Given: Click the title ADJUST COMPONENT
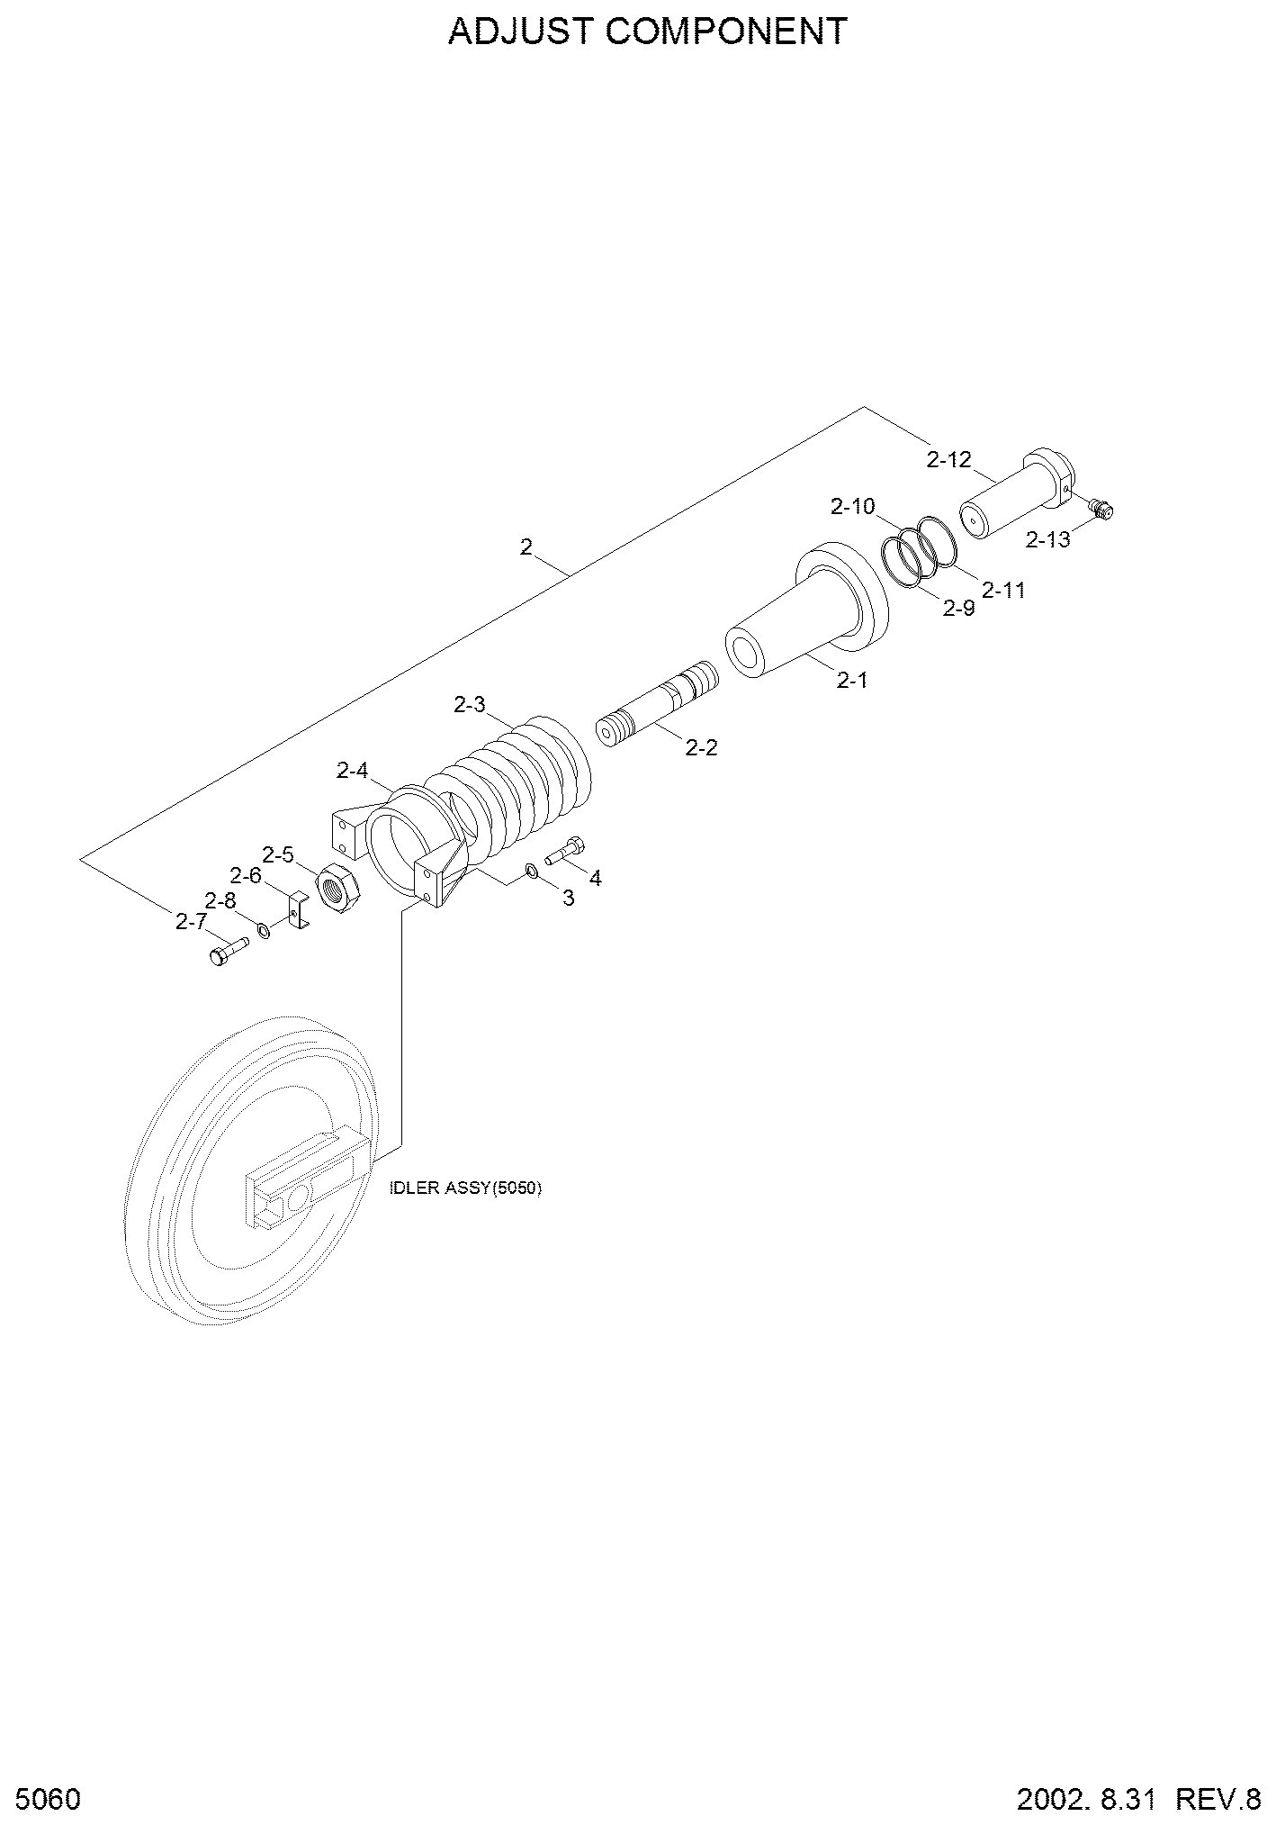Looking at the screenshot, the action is (x=648, y=32).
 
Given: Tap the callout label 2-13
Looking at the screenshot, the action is (x=1048, y=539).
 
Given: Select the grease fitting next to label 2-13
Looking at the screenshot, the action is (x=1101, y=509).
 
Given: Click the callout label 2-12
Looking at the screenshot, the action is (x=949, y=459).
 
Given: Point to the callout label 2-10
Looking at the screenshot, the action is (x=853, y=506).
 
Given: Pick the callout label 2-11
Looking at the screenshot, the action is (x=1003, y=591).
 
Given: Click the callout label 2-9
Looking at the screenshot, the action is (x=958, y=609).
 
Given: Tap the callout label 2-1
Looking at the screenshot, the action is (x=851, y=681).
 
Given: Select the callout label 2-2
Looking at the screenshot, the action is (x=702, y=747).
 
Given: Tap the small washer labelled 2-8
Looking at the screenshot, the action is (x=264, y=930).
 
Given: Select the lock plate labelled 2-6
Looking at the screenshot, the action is (x=300, y=910).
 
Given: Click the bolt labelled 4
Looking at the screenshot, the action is (x=565, y=851).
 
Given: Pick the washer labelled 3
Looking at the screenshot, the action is (x=532, y=871).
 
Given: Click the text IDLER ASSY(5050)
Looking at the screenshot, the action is (x=465, y=1188).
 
